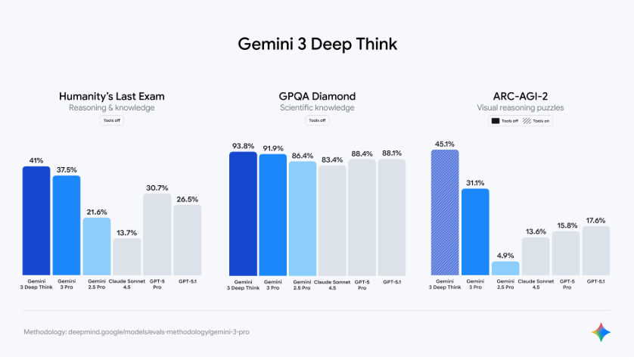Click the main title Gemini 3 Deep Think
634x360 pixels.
[x=317, y=44]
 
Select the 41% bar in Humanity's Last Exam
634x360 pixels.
[x=36, y=220]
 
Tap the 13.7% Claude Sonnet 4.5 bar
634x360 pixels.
[x=126, y=256]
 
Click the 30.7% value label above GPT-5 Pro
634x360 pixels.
[x=157, y=187]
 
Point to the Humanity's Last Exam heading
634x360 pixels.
[x=112, y=96]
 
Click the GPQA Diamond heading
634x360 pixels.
[x=317, y=96]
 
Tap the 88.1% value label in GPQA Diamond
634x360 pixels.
[x=392, y=152]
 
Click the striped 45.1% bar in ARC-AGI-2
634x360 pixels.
[x=445, y=212]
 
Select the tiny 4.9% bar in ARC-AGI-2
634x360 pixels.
[x=505, y=268]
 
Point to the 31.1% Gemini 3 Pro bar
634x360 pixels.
[x=475, y=231]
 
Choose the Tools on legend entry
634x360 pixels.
[x=537, y=121]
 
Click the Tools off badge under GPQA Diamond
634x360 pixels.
[x=317, y=120]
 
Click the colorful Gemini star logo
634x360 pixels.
[x=601, y=332]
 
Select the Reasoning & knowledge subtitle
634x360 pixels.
[x=112, y=108]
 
